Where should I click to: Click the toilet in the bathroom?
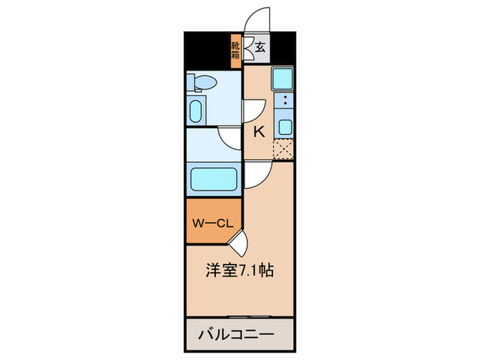click(204, 83)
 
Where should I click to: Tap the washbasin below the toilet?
click(195, 110)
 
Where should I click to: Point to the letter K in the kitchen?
click(259, 132)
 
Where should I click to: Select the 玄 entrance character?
click(261, 48)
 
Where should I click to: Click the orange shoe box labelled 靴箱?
click(235, 51)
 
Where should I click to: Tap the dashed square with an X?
click(283, 149)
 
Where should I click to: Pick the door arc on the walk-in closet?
click(237, 242)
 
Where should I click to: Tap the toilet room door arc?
click(254, 112)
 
